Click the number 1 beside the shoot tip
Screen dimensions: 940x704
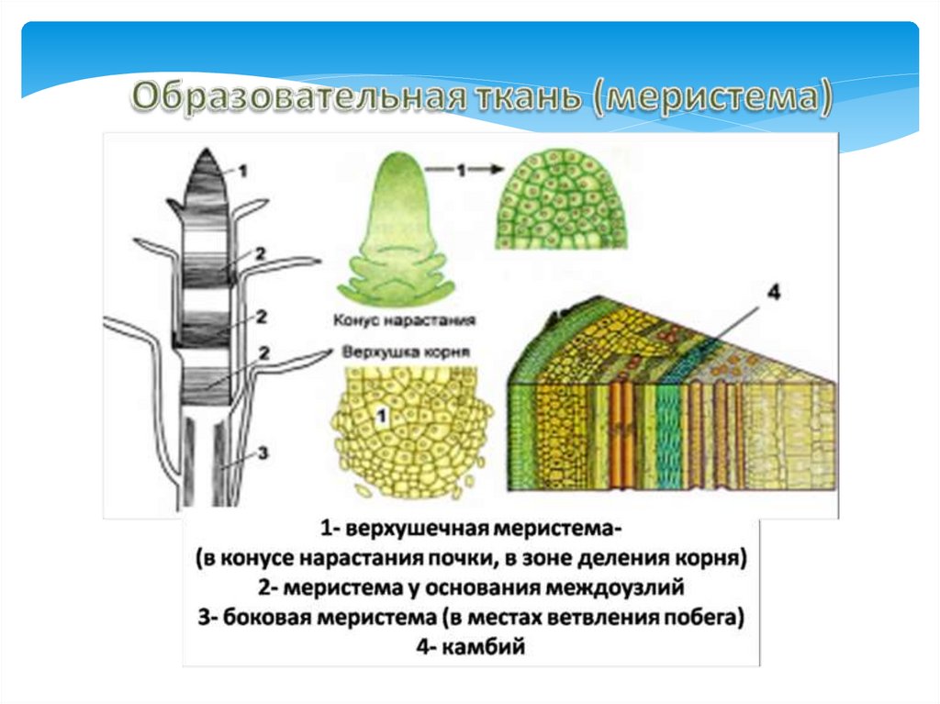(x=242, y=169)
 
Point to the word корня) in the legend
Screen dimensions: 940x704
(x=717, y=557)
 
